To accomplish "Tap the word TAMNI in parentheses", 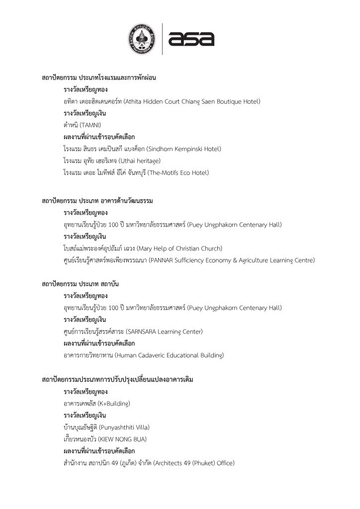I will pos(90,125).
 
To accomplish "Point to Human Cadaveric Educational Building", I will pos(169,355).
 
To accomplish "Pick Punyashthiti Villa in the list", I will pos(124,427).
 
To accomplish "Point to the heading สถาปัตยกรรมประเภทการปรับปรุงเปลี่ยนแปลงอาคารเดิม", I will pos(117,379).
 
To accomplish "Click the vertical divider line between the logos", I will pos(162,39).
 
